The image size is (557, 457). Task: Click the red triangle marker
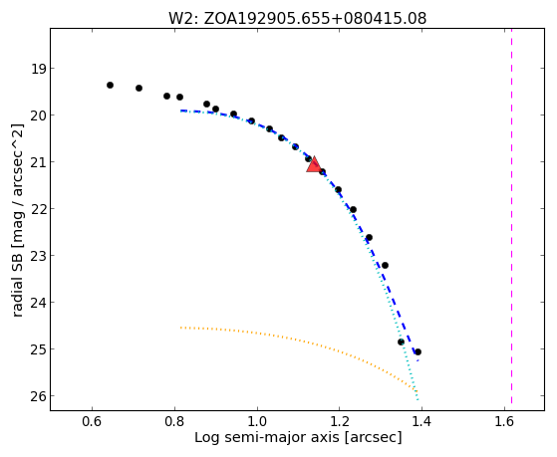(x=314, y=164)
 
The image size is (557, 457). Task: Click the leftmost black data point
(x=111, y=86)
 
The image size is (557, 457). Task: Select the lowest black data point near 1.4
(x=418, y=351)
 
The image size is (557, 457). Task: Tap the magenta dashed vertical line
(x=511, y=216)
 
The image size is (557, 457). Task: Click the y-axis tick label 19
(x=38, y=69)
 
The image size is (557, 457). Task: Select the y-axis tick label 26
(x=38, y=396)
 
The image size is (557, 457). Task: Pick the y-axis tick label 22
(x=38, y=209)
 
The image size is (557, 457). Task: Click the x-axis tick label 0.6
(x=93, y=421)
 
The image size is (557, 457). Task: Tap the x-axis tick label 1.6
(x=504, y=421)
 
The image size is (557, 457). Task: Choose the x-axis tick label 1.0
(x=257, y=421)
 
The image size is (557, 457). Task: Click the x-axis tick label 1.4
(x=422, y=421)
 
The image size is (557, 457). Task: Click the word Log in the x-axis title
(x=206, y=438)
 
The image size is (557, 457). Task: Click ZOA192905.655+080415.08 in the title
(x=315, y=19)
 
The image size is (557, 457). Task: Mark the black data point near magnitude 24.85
(x=401, y=342)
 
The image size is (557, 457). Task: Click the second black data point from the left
(x=139, y=88)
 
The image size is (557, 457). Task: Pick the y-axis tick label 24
(x=38, y=303)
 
